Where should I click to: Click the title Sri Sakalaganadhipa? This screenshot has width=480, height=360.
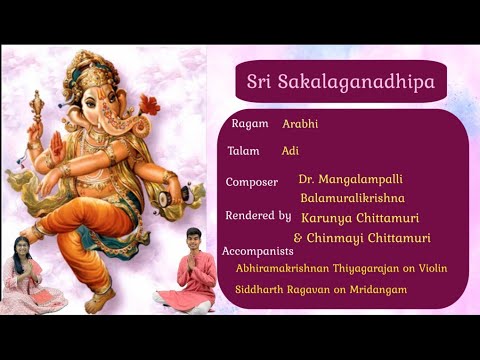tap(341, 82)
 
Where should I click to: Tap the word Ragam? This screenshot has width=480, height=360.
tap(249, 124)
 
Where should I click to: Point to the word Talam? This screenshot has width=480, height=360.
tap(245, 151)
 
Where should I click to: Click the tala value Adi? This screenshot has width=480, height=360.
tap(290, 151)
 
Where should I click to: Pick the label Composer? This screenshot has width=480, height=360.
tap(253, 182)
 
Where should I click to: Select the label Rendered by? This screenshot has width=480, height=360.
tap(258, 215)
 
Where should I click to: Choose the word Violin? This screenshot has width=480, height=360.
tap(430, 268)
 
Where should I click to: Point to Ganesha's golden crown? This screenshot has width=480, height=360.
tap(97, 72)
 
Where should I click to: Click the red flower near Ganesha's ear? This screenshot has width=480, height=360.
tap(149, 104)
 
